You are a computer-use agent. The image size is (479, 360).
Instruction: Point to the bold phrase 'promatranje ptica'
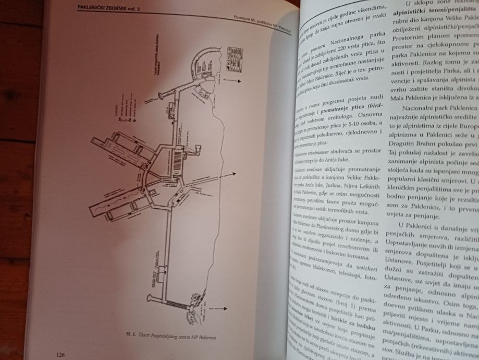(345, 108)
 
